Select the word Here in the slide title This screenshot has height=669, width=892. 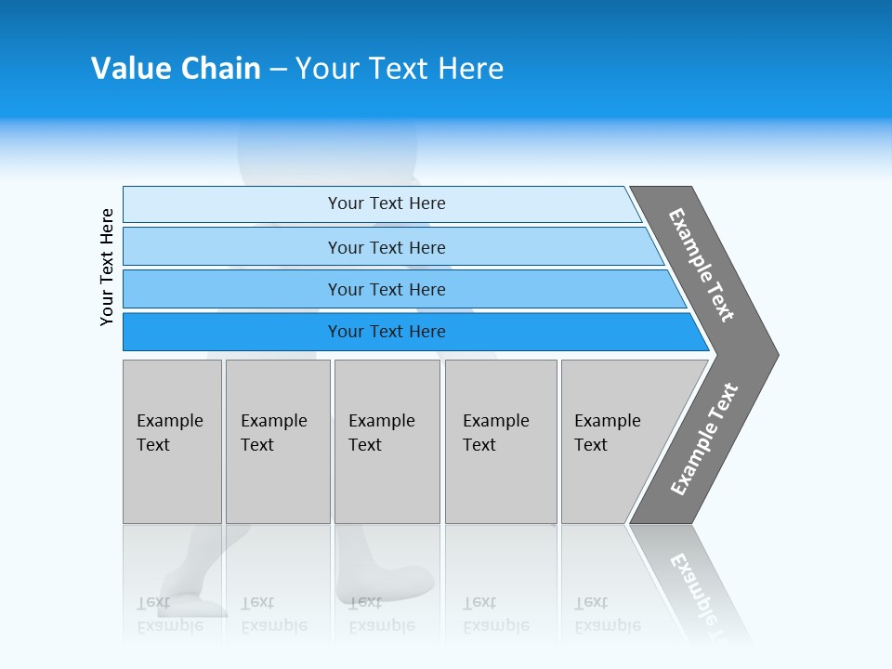(470, 68)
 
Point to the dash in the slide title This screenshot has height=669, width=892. (278, 69)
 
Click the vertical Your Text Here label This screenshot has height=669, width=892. (107, 268)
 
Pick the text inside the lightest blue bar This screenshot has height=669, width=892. (387, 203)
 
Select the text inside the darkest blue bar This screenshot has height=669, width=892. (387, 332)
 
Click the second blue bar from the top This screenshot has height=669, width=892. (387, 247)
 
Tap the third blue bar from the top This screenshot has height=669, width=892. (387, 290)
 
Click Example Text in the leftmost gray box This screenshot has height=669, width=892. (169, 433)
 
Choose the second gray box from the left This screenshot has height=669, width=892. (278, 441)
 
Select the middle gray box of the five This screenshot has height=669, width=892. (387, 441)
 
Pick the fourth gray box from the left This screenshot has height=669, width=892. (501, 441)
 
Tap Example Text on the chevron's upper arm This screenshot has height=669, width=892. (702, 265)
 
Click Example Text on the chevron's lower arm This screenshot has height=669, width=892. (703, 439)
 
